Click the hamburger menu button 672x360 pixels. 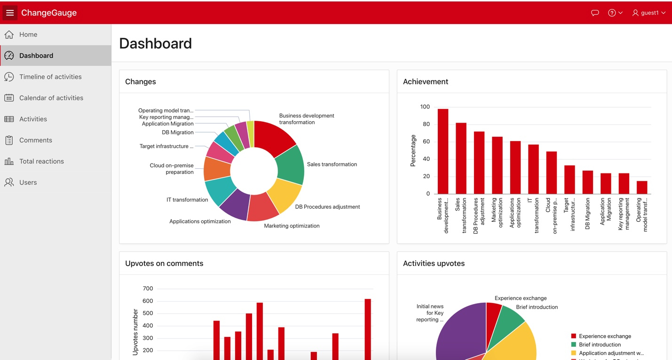tap(10, 13)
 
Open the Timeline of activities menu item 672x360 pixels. tap(50, 77)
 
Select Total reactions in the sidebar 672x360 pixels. tap(41, 161)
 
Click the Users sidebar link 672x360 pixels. tap(28, 182)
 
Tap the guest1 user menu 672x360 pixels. tap(649, 13)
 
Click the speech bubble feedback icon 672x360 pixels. tap(595, 13)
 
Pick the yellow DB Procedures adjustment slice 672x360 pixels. tap(285, 196)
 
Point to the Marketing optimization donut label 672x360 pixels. tap(292, 226)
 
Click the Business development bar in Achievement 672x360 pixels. tap(443, 151)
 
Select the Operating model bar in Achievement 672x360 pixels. tap(642, 187)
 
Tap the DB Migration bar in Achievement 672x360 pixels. tap(588, 182)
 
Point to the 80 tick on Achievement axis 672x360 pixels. tap(426, 124)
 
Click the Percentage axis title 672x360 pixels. tap(413, 150)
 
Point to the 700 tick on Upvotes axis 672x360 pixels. tap(148, 289)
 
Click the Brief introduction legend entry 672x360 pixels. tap(600, 344)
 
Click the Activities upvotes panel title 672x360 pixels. tap(434, 263)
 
